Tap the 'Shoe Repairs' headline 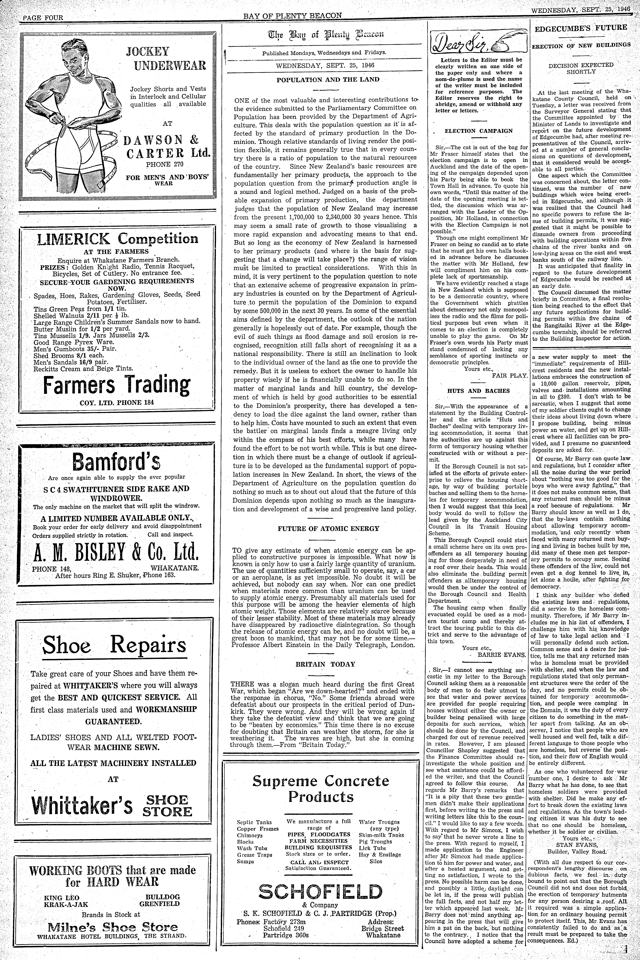[114, 645]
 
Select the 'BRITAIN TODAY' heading [325, 664]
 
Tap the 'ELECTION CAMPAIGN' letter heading [478, 131]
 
